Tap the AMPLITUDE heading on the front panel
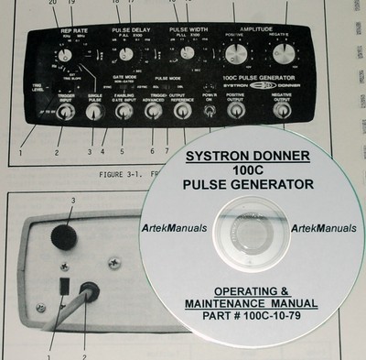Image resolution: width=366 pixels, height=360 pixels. pos(255,29)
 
